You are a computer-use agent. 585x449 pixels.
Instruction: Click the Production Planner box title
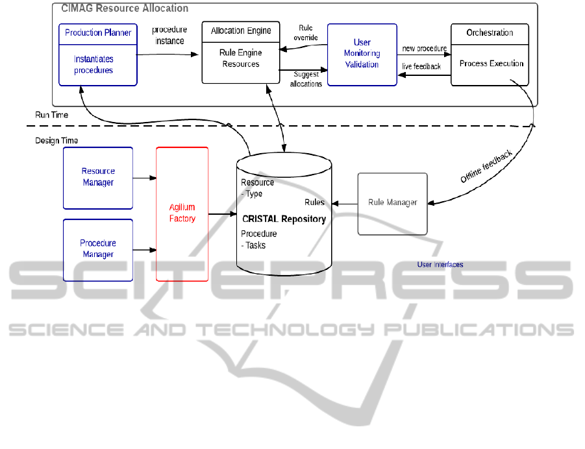click(x=98, y=32)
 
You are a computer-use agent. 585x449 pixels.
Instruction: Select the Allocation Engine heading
click(x=241, y=30)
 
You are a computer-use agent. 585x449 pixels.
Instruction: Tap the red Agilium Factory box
click(x=182, y=213)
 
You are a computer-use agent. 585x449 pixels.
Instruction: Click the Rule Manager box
click(x=392, y=203)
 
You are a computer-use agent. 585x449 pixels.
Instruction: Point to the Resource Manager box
click(x=98, y=177)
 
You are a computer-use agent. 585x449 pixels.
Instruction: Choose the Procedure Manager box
click(x=98, y=249)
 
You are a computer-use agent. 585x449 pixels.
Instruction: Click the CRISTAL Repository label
click(x=284, y=219)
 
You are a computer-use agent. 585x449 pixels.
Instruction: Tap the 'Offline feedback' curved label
click(x=487, y=167)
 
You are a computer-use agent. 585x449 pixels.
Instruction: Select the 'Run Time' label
click(x=52, y=115)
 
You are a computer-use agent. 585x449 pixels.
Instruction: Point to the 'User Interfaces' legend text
click(x=440, y=265)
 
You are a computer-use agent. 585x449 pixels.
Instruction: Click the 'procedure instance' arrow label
click(x=169, y=36)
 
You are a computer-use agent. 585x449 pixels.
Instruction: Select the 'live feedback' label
click(x=421, y=66)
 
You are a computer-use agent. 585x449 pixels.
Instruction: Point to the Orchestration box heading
click(x=490, y=32)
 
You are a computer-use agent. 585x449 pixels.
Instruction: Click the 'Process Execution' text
click(x=492, y=64)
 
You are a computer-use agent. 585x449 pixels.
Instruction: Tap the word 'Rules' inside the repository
click(x=314, y=202)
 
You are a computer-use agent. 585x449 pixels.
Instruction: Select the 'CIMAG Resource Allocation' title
click(x=125, y=8)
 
